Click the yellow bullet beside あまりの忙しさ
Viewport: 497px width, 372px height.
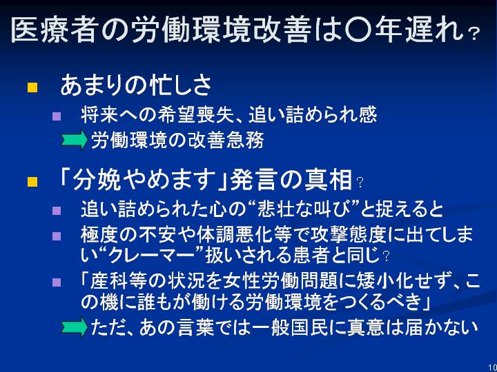click(x=32, y=87)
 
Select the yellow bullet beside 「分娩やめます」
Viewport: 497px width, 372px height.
click(x=32, y=182)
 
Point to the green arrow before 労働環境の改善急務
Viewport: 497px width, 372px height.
click(x=74, y=139)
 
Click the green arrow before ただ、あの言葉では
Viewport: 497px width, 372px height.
click(x=74, y=327)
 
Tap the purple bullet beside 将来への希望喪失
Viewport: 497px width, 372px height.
click(x=56, y=116)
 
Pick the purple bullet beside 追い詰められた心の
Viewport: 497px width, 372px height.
click(x=56, y=210)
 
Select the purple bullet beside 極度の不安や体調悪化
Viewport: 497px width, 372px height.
click(x=56, y=236)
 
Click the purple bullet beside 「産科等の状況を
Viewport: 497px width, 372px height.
click(x=56, y=282)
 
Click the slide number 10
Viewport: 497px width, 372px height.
click(x=493, y=368)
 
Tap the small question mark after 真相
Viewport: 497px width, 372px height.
click(x=360, y=183)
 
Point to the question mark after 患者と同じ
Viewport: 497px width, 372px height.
click(x=386, y=256)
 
